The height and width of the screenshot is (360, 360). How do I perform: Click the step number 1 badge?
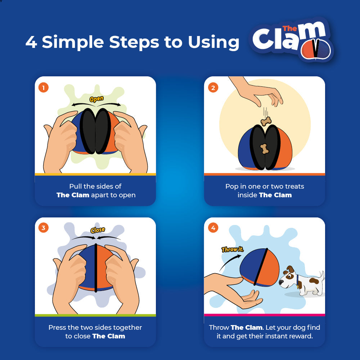pyautogui.click(x=44, y=87)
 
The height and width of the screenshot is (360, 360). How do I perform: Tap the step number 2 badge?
pyautogui.click(x=213, y=87)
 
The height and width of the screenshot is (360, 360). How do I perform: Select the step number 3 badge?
pyautogui.click(x=44, y=228)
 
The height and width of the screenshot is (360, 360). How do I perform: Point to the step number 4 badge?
pyautogui.click(x=213, y=228)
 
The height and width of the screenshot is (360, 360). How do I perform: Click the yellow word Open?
pyautogui.click(x=96, y=99)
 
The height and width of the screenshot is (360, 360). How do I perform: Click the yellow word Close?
pyautogui.click(x=97, y=230)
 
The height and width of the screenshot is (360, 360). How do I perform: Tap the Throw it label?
pyautogui.click(x=233, y=249)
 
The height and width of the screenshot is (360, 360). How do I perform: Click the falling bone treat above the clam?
pyautogui.click(x=266, y=122)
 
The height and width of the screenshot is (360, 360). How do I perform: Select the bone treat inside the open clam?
pyautogui.click(x=265, y=148)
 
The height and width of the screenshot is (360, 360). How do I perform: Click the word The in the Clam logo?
pyautogui.click(x=289, y=28)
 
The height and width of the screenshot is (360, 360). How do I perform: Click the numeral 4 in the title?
pyautogui.click(x=31, y=42)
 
